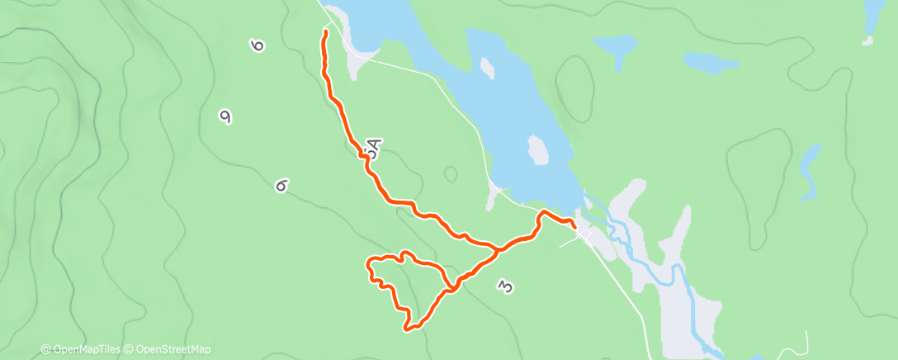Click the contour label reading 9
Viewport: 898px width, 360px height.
[224, 117]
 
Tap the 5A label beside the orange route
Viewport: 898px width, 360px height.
[372, 149]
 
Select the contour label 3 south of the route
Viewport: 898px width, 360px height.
[505, 287]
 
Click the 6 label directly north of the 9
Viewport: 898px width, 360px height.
[258, 45]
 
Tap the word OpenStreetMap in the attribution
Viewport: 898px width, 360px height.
[173, 349]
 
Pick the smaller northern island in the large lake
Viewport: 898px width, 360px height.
[488, 67]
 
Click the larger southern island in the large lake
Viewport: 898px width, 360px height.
[538, 151]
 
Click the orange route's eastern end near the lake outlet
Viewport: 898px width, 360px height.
[573, 225]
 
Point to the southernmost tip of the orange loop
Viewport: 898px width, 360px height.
[408, 329]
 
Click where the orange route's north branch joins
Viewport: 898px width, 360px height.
[497, 248]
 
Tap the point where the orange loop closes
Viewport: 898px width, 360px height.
[451, 289]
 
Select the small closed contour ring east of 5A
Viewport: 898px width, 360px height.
[450, 174]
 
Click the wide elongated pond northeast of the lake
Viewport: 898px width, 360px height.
[710, 62]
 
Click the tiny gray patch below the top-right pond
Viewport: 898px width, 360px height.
[867, 40]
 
